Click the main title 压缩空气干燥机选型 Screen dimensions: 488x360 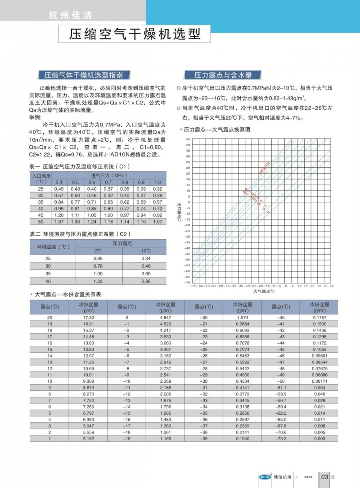[x=134, y=35]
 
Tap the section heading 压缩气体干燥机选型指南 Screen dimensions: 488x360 [x=84, y=75]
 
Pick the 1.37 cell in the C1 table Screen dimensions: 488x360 [x=59, y=222]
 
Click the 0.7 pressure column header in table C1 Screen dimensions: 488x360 [x=108, y=182]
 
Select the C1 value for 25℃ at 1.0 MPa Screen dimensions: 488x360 [x=157, y=189]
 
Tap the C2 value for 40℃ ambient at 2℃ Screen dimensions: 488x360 [x=98, y=281]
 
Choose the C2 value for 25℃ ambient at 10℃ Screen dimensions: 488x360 [x=146, y=259]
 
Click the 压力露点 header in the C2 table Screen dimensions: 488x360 [x=121, y=243]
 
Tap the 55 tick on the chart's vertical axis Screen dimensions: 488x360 [x=188, y=139]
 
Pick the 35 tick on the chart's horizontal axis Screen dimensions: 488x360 [x=332, y=286]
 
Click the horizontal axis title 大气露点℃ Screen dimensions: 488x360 [x=264, y=291]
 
